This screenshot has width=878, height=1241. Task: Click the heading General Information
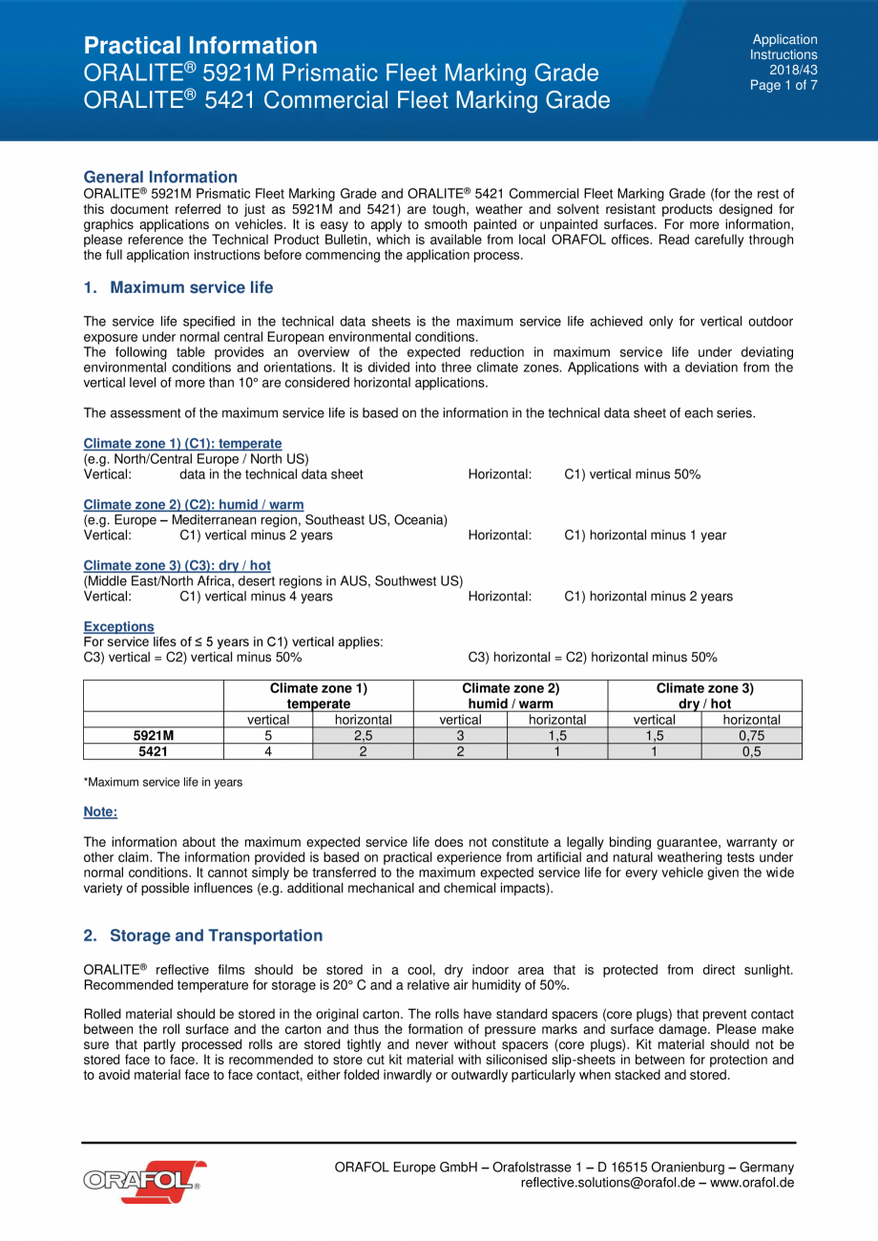[x=160, y=177]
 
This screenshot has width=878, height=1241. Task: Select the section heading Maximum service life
[x=191, y=287]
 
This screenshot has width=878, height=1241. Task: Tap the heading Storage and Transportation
[x=216, y=936]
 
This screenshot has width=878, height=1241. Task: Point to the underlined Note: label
[x=100, y=811]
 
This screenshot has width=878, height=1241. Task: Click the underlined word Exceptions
[x=118, y=626]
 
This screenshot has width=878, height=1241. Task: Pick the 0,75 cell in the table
[x=751, y=736]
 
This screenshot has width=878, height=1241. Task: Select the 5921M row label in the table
[x=153, y=736]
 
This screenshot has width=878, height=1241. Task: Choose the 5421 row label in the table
[x=153, y=751]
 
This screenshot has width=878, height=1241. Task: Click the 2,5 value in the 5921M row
[x=363, y=736]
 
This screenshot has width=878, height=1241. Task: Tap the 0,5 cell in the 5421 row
[x=751, y=751]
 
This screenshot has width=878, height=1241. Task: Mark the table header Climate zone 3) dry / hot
[x=704, y=696]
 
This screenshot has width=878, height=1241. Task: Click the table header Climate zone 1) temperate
[x=319, y=696]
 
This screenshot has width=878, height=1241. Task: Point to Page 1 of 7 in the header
[x=784, y=85]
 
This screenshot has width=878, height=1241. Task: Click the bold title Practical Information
[x=200, y=46]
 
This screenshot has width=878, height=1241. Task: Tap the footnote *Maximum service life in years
[x=163, y=782]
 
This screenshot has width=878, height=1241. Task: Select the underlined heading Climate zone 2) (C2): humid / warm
[x=194, y=504]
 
